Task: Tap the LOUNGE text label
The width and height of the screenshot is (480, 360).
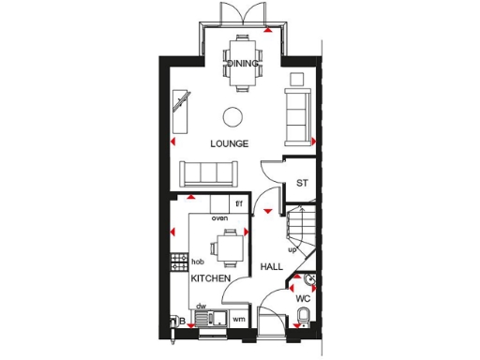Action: (x=229, y=143)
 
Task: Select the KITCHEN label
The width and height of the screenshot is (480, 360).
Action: (x=212, y=279)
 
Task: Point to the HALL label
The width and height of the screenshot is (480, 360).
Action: (x=272, y=267)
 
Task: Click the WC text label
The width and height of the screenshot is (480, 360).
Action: (x=303, y=299)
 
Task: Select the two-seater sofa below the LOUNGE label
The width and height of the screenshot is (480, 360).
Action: (x=209, y=172)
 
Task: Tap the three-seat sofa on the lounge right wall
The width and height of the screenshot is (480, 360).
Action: (x=298, y=111)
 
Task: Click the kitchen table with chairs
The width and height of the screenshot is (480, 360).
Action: (x=228, y=249)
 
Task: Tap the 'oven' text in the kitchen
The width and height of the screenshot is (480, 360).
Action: (x=219, y=217)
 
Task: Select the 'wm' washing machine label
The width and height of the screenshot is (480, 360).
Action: (x=238, y=320)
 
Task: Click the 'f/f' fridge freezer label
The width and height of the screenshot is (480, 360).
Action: (x=238, y=203)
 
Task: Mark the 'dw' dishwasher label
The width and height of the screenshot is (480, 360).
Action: (x=202, y=306)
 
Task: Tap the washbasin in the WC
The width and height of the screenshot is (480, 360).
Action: (x=309, y=279)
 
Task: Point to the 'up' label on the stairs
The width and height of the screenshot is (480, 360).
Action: (x=292, y=249)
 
